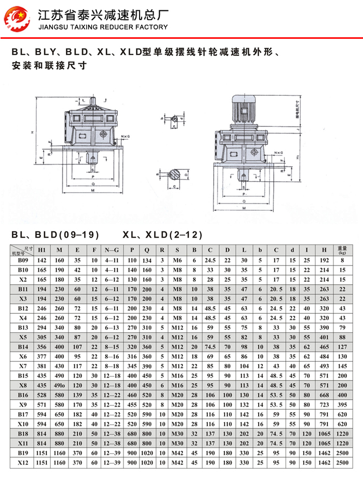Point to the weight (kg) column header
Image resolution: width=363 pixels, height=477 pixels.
(342, 250)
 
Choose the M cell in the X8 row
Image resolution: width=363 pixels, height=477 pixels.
(60, 385)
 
